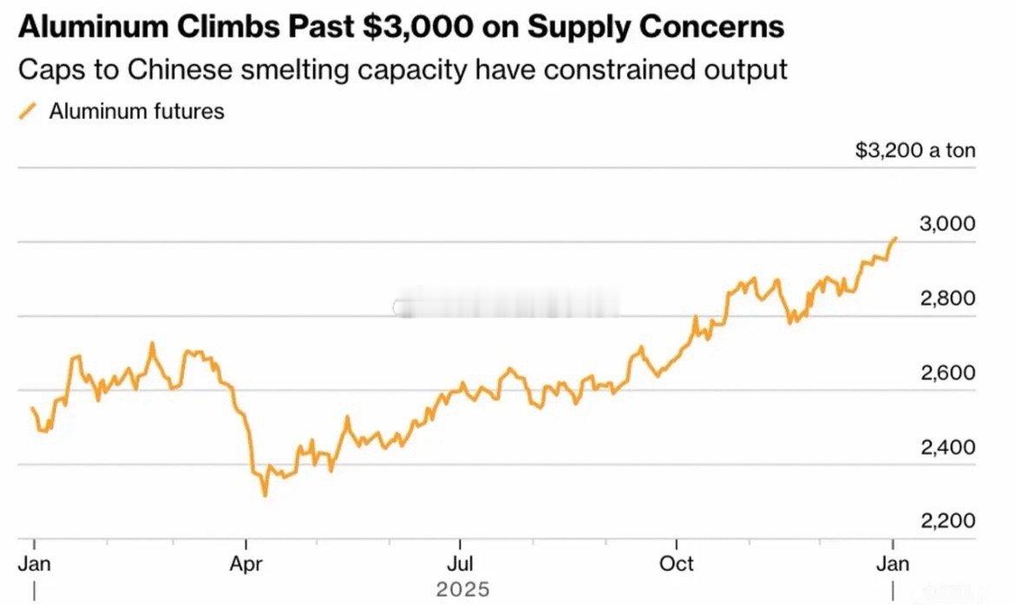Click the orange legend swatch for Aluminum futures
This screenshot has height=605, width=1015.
click(29, 111)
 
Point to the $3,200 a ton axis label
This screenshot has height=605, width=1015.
click(915, 150)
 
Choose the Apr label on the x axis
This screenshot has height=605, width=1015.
click(246, 564)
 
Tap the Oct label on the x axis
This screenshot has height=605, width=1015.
click(676, 564)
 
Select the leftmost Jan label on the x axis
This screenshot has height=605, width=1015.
click(34, 564)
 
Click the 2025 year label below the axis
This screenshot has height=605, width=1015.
click(462, 590)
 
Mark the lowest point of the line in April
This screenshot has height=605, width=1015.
click(265, 495)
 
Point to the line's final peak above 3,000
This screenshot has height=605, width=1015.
click(895, 237)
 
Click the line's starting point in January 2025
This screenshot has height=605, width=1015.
click(32, 408)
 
